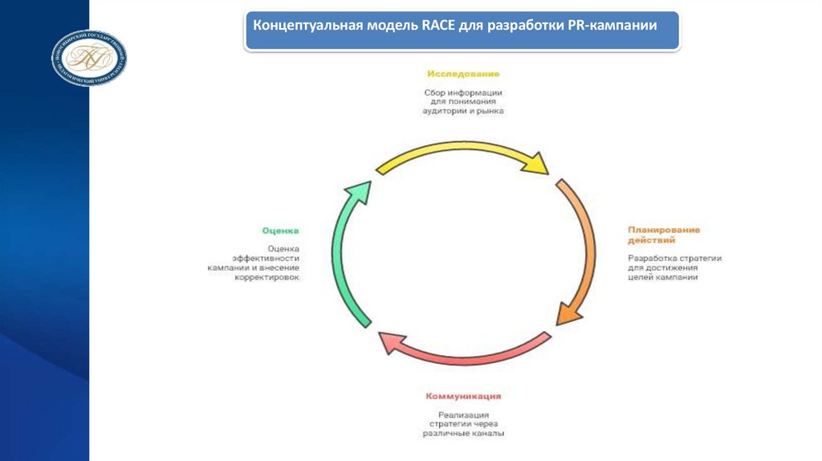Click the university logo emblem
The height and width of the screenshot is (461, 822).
(x=90, y=58)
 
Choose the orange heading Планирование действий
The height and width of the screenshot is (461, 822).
(x=663, y=235)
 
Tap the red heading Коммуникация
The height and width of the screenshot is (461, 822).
(x=464, y=396)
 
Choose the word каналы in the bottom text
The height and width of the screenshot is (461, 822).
(x=486, y=434)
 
